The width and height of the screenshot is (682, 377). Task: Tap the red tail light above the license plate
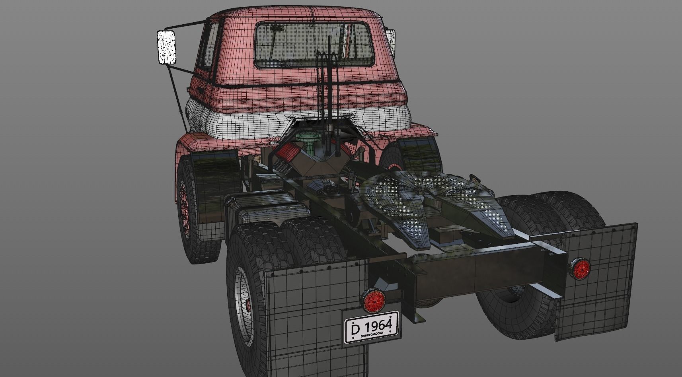pyautogui.click(x=373, y=300)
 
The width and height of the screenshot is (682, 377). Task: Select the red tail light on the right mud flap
pyautogui.click(x=579, y=270)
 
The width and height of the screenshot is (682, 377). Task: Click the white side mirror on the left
pyautogui.click(x=166, y=47)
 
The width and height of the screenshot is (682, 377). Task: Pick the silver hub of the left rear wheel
pyautogui.click(x=244, y=306)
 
